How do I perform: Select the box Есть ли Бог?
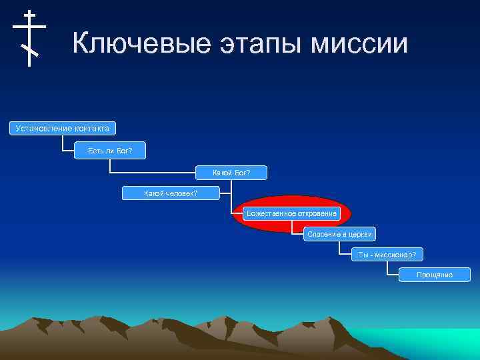pos(110,151)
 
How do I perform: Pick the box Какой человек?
pos(171,193)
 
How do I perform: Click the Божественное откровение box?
pos(291,213)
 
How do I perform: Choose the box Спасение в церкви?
pos(339,234)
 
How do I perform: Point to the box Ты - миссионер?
pos(387,255)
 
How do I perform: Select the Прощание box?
pos(434,275)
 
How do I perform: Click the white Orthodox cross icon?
pos(29,37)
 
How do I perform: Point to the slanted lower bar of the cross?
pos(29,49)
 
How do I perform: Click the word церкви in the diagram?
pos(359,234)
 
